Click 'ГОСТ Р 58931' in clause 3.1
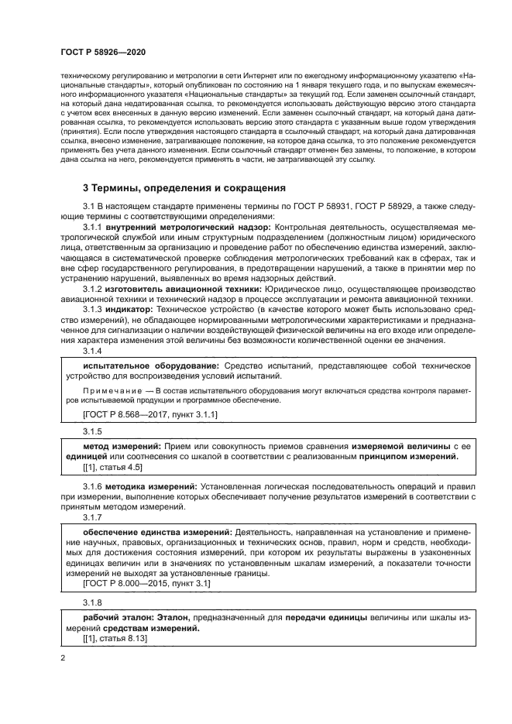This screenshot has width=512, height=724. pos(320,206)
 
